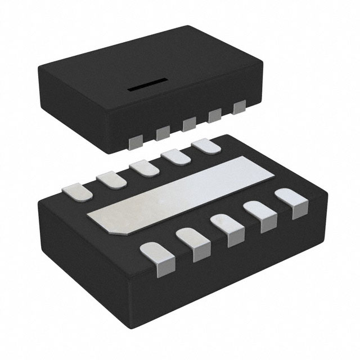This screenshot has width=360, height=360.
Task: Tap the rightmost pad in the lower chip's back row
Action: tap(206, 146)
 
